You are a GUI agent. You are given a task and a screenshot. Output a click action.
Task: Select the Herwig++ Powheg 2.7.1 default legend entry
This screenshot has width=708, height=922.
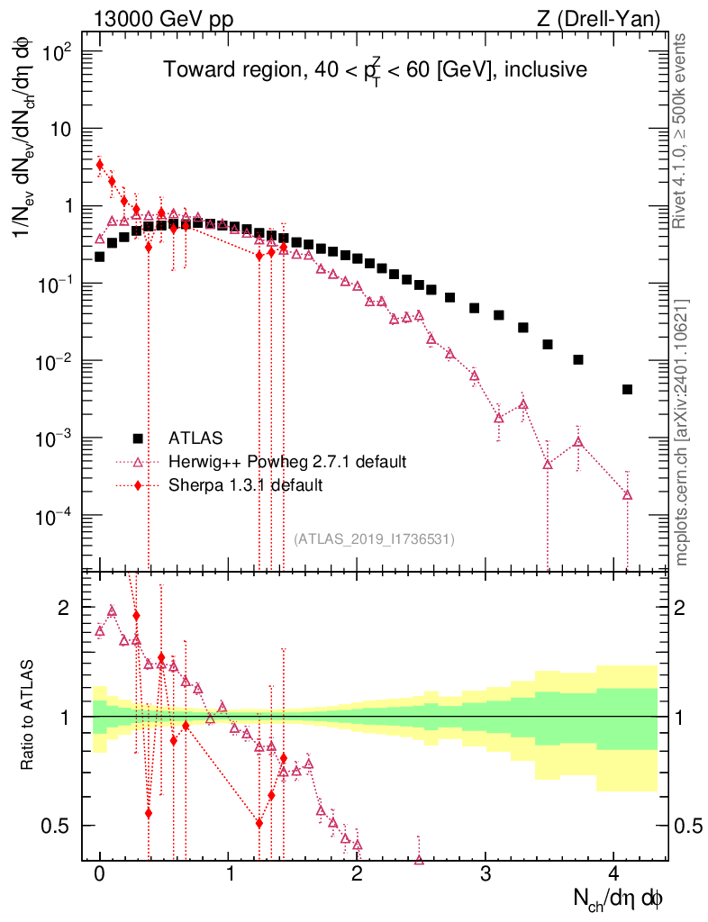click(x=287, y=462)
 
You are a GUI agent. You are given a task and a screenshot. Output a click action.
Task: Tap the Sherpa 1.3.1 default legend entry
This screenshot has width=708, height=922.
click(x=245, y=485)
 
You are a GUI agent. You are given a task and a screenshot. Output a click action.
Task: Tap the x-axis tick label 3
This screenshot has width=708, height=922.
click(x=486, y=873)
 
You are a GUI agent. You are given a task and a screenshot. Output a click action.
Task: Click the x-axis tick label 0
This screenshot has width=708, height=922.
click(x=100, y=873)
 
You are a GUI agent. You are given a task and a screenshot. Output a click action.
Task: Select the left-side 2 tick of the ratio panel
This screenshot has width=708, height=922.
click(x=64, y=608)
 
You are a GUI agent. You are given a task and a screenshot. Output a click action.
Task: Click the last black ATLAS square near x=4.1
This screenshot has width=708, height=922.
click(x=627, y=389)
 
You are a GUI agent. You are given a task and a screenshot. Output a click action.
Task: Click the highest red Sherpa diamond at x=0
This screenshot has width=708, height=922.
click(x=100, y=165)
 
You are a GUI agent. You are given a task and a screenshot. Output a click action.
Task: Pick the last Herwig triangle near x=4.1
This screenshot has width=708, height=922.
click(x=627, y=495)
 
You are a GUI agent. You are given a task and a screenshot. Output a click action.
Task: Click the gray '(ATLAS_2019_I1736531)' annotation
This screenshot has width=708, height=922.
click(x=374, y=538)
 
